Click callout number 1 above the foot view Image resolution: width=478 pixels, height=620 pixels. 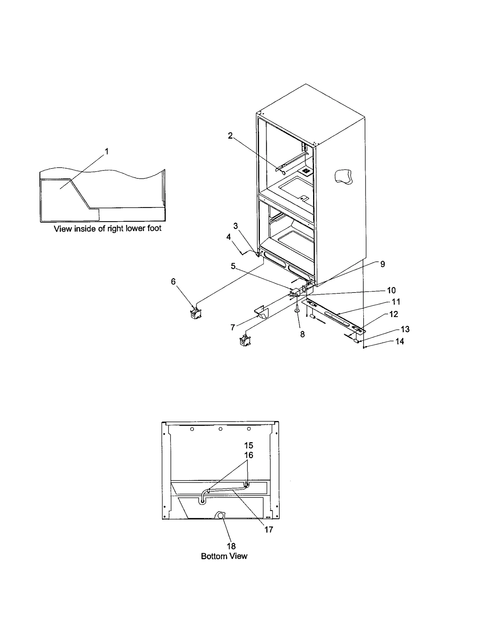107,151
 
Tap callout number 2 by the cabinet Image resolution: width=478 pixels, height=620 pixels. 230,136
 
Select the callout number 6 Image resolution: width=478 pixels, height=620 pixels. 173,281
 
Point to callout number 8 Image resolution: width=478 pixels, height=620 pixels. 302,334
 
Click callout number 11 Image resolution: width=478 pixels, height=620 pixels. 396,302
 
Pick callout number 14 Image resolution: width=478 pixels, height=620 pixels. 399,341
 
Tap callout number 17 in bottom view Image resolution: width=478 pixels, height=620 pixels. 269,530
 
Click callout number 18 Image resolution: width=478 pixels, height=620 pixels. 231,546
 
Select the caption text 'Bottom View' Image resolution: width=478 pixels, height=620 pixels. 224,556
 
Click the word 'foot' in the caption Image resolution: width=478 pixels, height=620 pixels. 154,228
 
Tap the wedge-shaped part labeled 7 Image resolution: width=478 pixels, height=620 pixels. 262,312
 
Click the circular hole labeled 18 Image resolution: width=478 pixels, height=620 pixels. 221,516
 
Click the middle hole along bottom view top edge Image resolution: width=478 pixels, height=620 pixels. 220,429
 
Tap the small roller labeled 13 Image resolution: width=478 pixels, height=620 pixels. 357,340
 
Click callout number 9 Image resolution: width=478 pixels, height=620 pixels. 382,264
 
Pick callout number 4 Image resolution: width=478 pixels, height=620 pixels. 229,237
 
